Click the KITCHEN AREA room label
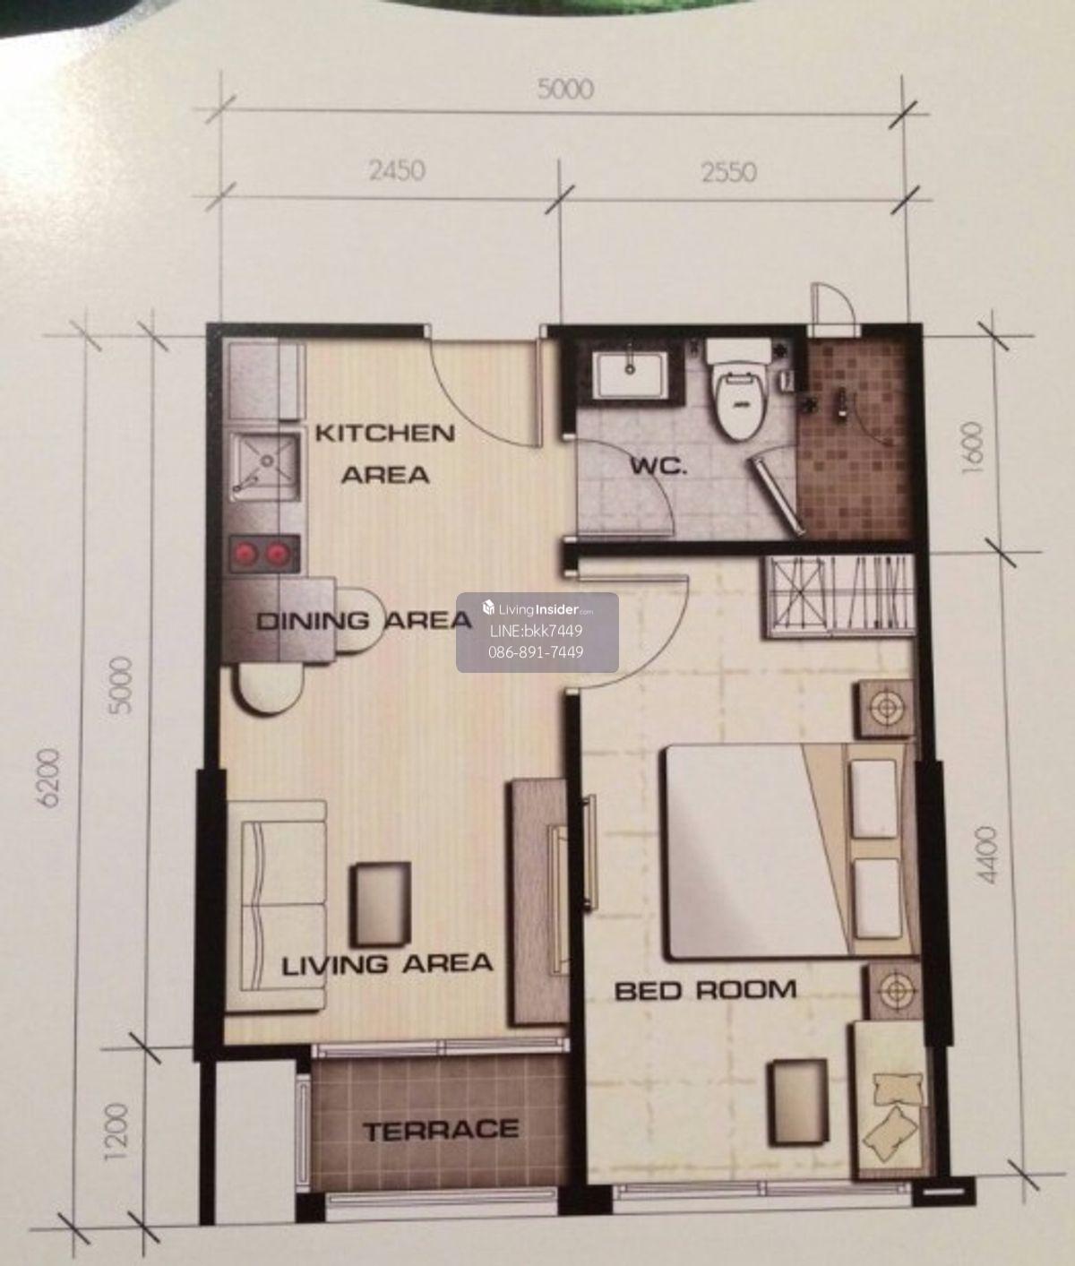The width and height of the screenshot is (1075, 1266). click(x=384, y=454)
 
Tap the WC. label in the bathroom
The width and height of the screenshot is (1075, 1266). click(x=658, y=468)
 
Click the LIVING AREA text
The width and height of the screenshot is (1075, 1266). click(x=387, y=963)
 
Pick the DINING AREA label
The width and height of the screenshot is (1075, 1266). click(x=364, y=620)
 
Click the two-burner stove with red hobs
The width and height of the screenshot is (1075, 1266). click(x=264, y=554)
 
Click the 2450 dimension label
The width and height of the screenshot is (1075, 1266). click(x=397, y=171)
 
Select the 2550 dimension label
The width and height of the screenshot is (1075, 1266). click(x=729, y=172)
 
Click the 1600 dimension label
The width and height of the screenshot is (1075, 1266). click(x=972, y=443)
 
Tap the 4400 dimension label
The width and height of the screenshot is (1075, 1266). click(x=987, y=855)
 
